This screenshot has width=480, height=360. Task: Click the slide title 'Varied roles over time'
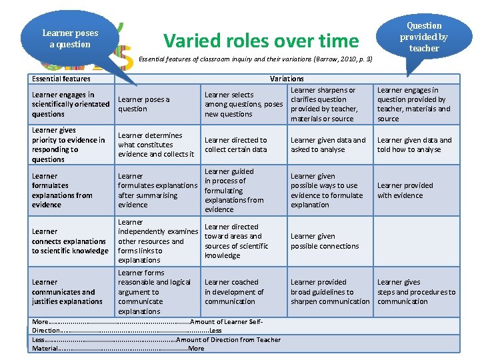(261, 41)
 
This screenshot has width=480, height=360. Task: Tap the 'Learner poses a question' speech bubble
(70, 38)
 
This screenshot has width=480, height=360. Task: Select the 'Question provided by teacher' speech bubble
(424, 37)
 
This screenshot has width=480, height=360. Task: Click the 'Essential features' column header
(61, 79)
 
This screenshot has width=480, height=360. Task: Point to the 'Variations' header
(287, 79)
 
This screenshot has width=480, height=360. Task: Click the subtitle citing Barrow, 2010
(255, 59)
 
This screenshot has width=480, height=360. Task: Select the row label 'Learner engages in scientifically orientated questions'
(70, 105)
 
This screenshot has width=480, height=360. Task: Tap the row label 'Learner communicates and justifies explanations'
(67, 292)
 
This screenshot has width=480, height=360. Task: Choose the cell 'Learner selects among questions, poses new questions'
(243, 105)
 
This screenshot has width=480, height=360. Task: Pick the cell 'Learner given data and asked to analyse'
(328, 145)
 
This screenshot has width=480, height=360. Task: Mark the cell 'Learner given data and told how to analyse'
(414, 145)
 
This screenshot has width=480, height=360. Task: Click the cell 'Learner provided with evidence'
(405, 191)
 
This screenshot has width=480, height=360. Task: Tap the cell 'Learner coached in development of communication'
(234, 292)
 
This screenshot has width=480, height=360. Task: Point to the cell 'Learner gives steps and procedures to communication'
(416, 292)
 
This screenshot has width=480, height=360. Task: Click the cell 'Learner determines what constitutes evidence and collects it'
(156, 145)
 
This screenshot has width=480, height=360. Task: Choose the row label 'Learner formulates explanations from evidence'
(61, 191)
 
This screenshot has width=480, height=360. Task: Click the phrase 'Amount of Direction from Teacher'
(229, 340)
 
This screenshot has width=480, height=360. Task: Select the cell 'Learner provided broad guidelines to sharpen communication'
(329, 292)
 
